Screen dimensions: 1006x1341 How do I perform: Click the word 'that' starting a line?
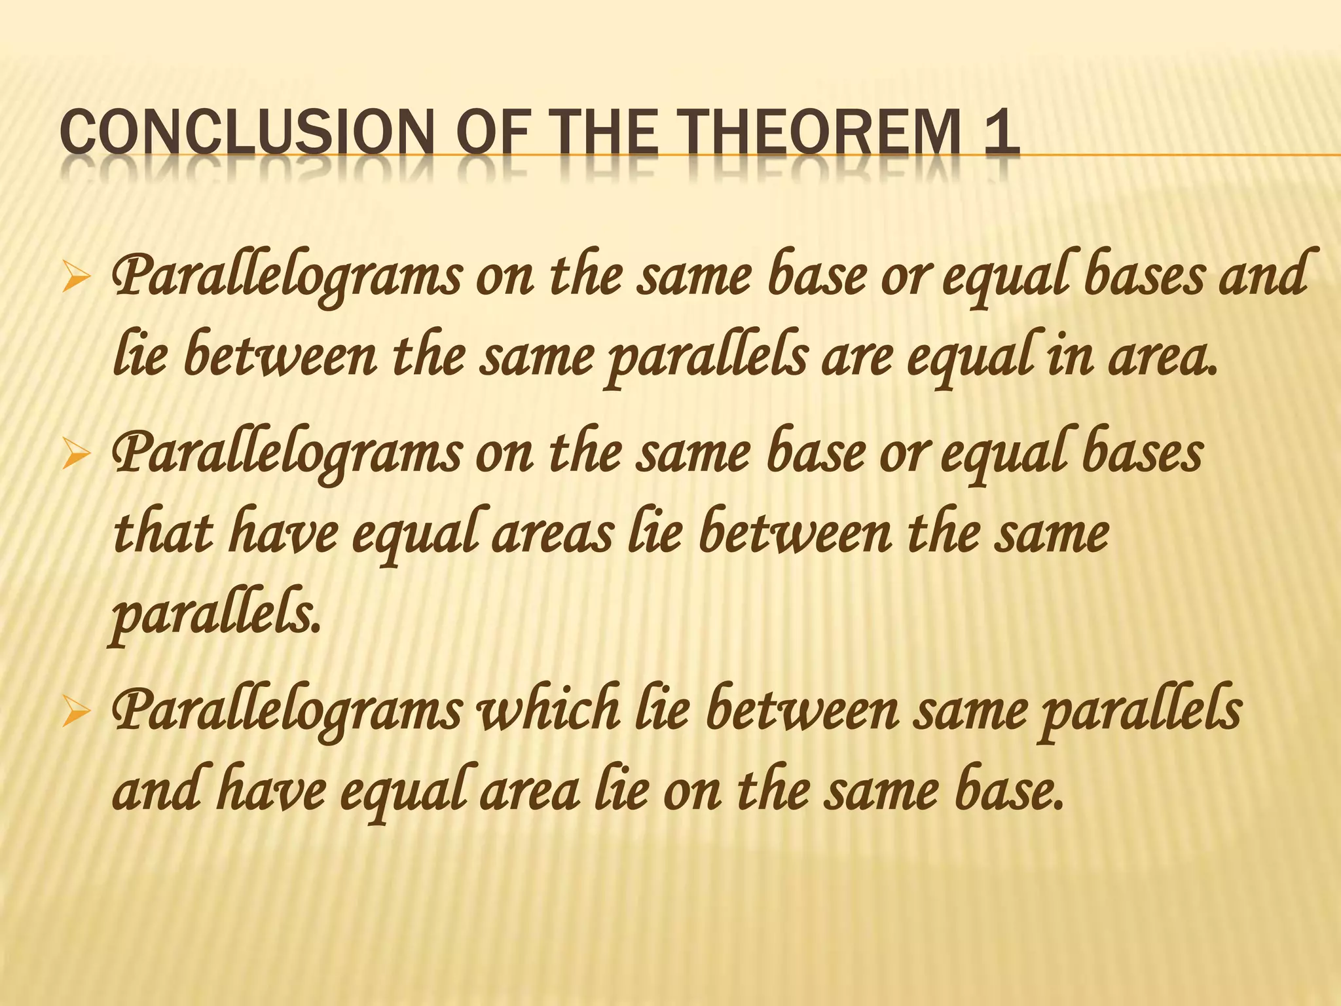[x=164, y=534]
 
